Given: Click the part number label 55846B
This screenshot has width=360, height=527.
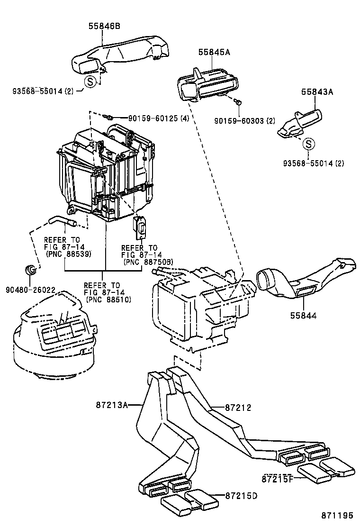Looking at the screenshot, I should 104,27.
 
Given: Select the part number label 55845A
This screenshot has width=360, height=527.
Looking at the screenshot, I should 214,53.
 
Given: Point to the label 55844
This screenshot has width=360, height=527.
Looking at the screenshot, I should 304,315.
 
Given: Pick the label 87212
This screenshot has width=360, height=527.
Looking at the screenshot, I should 238,408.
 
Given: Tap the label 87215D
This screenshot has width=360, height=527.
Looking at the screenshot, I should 241,496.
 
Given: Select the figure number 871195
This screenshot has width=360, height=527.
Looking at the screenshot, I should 337,515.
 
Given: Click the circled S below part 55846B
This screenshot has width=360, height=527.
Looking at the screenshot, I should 90,81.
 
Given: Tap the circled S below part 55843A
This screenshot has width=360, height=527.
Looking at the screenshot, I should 309,143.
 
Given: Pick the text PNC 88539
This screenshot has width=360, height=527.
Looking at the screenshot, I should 68,254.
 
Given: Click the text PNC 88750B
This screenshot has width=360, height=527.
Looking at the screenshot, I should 148,262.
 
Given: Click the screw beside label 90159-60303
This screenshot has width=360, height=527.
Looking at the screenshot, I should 239,101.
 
